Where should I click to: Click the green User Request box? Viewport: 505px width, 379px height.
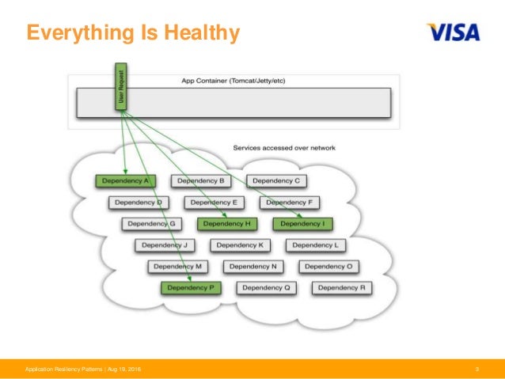[121, 88]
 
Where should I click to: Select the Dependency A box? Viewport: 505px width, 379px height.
[125, 181]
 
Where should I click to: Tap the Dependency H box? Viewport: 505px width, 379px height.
[227, 224]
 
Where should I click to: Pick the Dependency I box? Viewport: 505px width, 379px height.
[302, 224]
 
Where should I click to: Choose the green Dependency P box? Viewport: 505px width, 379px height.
[191, 288]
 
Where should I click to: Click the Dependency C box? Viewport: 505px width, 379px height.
[276, 181]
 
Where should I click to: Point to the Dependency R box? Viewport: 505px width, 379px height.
[341, 288]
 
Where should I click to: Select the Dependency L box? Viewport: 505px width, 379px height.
[316, 245]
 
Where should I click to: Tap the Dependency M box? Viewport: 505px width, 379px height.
[177, 267]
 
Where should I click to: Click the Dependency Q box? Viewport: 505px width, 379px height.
[267, 288]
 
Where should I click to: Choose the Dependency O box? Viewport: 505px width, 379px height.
[328, 267]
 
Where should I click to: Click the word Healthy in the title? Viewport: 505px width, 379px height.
[199, 32]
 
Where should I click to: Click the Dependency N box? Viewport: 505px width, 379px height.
[253, 267]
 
